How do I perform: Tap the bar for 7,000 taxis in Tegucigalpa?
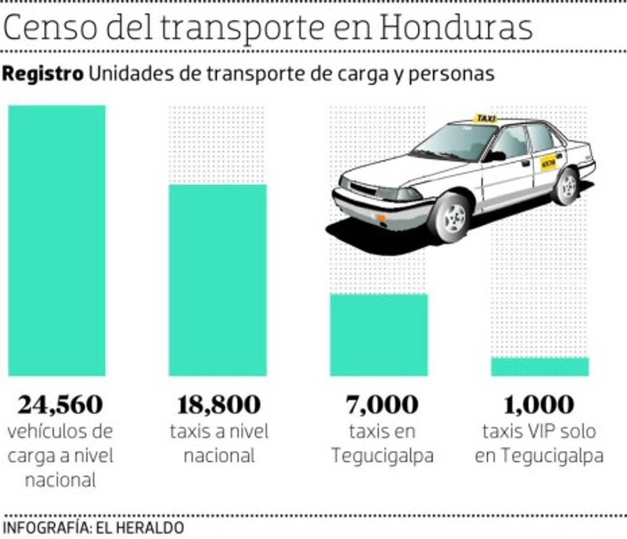click(379, 335)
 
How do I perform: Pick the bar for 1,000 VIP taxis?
click(539, 367)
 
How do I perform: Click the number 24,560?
click(60, 405)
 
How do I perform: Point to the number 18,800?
click(219, 405)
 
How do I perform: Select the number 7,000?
click(382, 405)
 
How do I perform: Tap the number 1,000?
click(539, 405)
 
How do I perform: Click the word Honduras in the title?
click(456, 28)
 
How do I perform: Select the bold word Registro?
click(43, 74)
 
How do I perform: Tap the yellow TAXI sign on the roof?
click(485, 119)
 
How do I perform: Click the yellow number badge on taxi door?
click(548, 162)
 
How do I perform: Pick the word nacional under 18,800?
click(219, 456)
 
